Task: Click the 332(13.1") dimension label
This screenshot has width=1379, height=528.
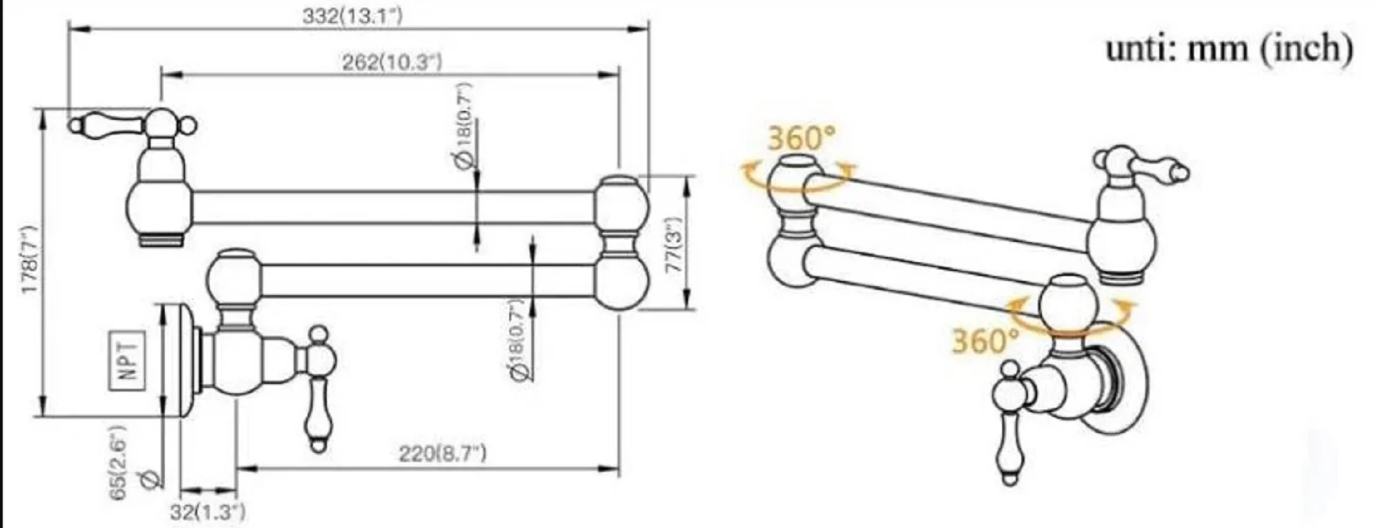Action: [x=352, y=16]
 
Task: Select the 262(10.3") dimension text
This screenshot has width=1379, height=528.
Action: [x=391, y=62]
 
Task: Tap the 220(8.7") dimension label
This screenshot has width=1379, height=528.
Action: [x=442, y=454]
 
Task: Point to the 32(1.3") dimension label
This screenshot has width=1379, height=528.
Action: [x=208, y=512]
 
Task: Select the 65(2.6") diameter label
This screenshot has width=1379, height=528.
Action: [x=119, y=463]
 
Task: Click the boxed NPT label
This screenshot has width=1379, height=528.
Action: [x=128, y=361]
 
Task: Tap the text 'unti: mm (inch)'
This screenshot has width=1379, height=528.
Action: [x=1229, y=49]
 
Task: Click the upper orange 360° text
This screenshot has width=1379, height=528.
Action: [x=800, y=138]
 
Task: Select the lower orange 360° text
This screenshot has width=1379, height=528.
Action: [x=985, y=341]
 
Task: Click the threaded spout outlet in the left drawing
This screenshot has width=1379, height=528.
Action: [x=160, y=239]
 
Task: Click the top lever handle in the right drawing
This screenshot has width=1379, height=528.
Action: [x=1158, y=169]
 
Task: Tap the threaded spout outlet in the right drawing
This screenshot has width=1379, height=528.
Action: [x=1122, y=277]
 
